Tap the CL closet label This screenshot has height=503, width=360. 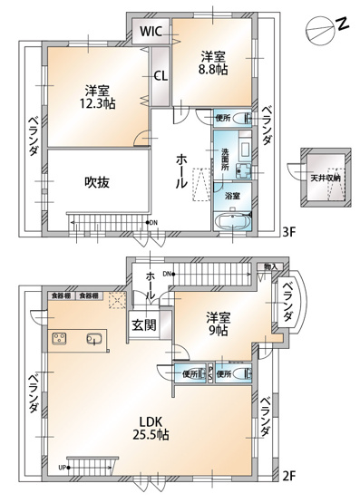(x=160, y=77)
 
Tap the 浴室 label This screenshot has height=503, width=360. (x=233, y=196)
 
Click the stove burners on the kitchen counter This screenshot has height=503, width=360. (x=60, y=340)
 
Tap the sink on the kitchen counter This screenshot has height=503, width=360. (x=92, y=340)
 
